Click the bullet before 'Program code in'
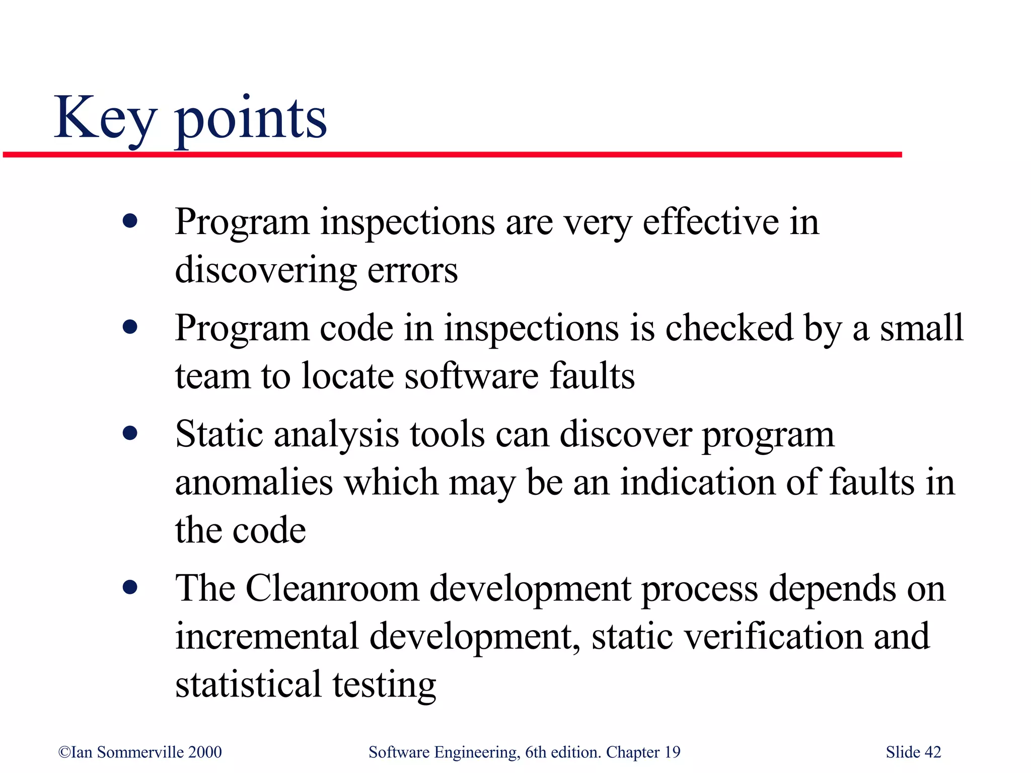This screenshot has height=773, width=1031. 130,328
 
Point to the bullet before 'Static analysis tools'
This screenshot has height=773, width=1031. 130,433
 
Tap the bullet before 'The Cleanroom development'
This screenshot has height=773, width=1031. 130,587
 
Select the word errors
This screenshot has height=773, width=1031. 412,270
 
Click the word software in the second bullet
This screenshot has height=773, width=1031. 471,376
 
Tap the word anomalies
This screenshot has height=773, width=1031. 254,482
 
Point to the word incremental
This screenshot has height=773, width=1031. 267,636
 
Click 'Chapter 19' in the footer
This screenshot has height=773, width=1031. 643,752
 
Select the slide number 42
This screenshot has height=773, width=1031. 933,752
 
